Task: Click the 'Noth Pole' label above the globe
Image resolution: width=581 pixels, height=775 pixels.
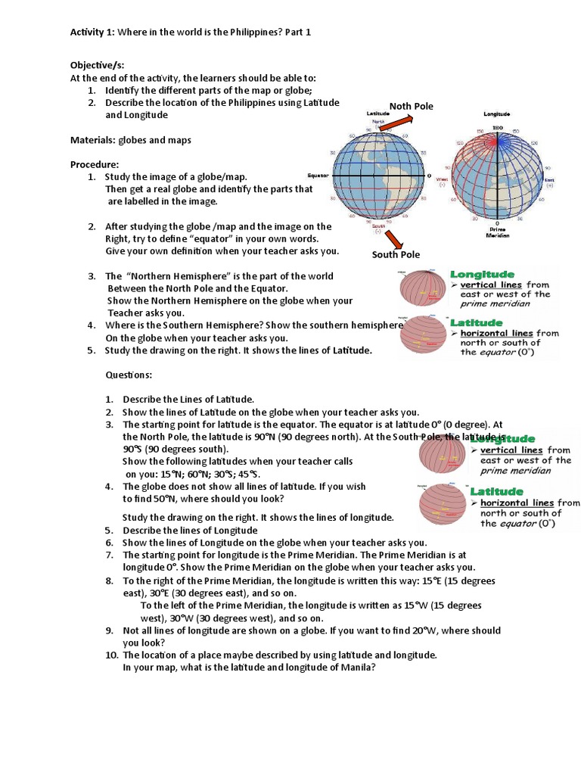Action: pos(411,106)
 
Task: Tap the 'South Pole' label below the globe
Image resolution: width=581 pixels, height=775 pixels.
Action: pos(395,254)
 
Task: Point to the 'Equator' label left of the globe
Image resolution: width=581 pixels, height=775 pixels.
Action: pos(318,175)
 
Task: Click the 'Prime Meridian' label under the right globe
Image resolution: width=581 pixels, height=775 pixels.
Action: pos(496,231)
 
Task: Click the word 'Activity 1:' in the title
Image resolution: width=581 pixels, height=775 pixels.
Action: pos(92,32)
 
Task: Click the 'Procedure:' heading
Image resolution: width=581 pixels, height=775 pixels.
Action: pos(95,164)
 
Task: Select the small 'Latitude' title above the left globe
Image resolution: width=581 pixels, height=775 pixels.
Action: pos(377,114)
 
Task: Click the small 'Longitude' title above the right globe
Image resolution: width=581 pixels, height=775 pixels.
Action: pos(496,114)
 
